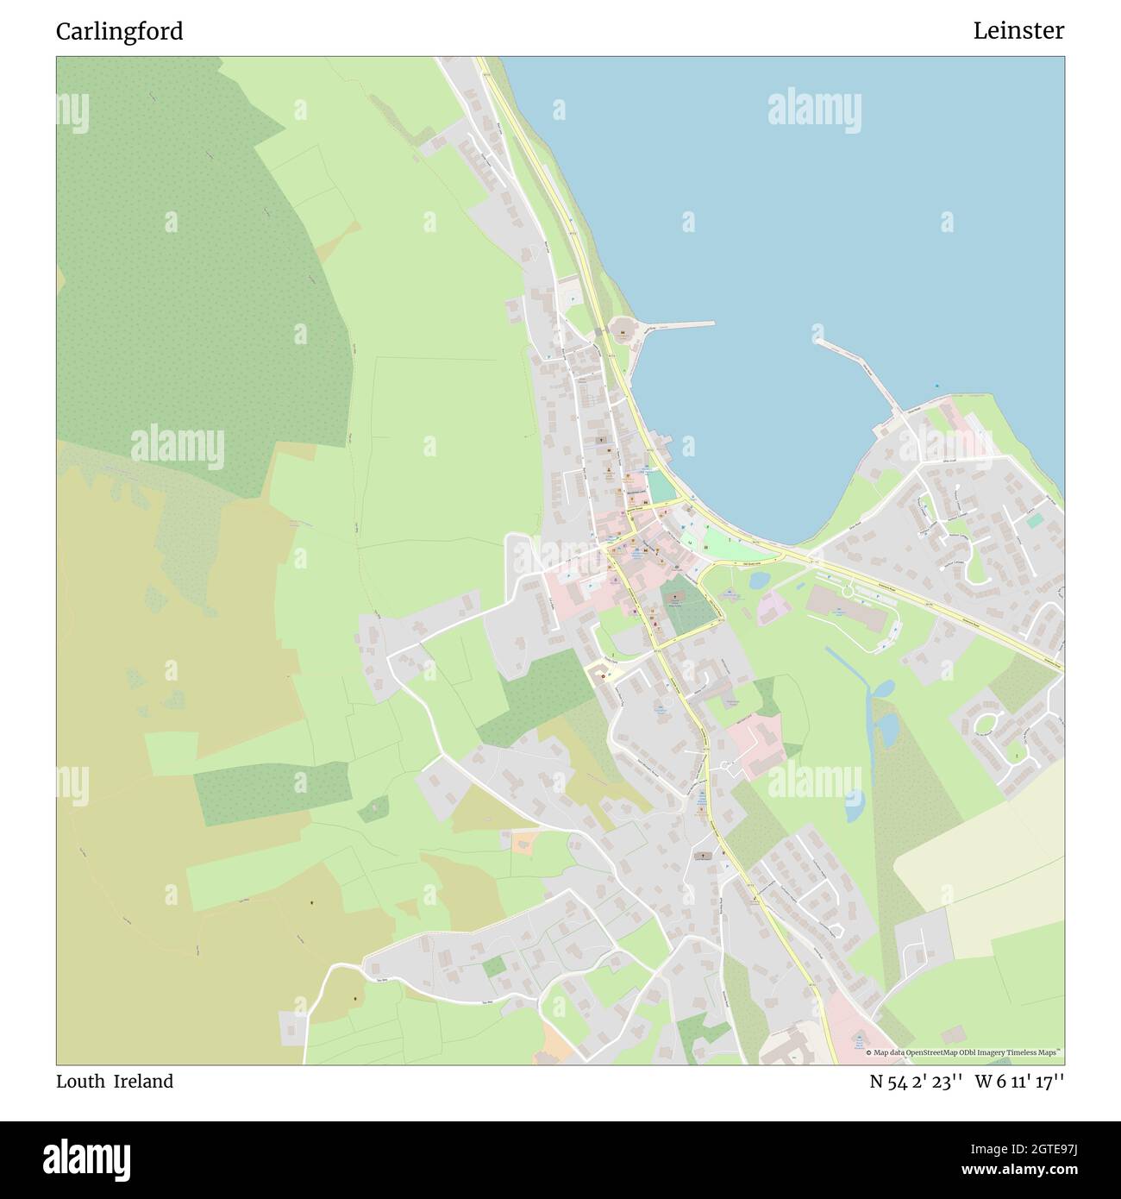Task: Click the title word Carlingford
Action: pos(119,31)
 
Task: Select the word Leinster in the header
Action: pos(1018,31)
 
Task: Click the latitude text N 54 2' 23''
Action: pos(916,1082)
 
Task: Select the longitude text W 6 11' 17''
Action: pos(1020,1082)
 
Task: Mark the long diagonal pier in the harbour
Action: pos(859,375)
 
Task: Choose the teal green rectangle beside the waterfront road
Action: pos(661,486)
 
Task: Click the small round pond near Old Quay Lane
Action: pos(759,581)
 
